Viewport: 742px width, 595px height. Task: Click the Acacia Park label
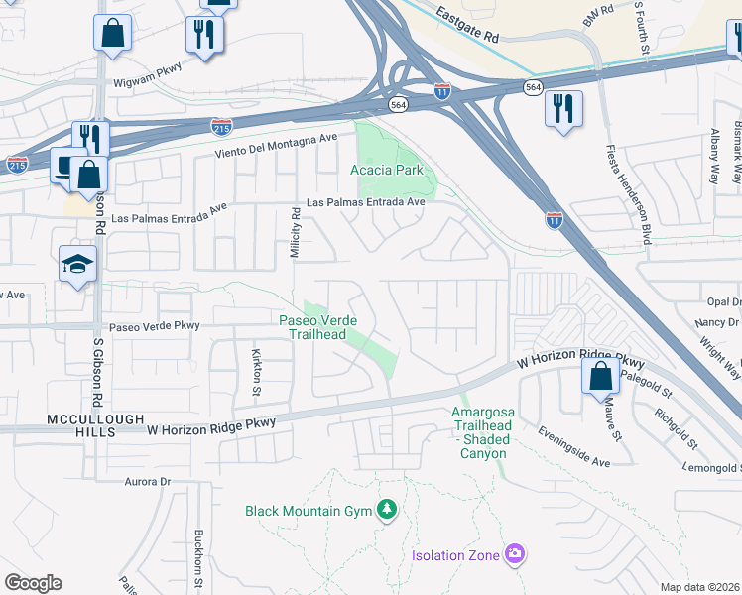tap(387, 170)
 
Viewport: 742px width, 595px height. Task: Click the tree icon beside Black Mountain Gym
tap(387, 511)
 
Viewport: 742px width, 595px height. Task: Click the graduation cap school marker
tap(77, 264)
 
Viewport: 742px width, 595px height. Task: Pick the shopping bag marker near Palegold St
tap(600, 376)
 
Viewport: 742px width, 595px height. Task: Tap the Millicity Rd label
tap(295, 234)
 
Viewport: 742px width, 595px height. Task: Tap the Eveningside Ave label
tap(574, 446)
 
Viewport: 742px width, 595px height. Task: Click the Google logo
tap(33, 583)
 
